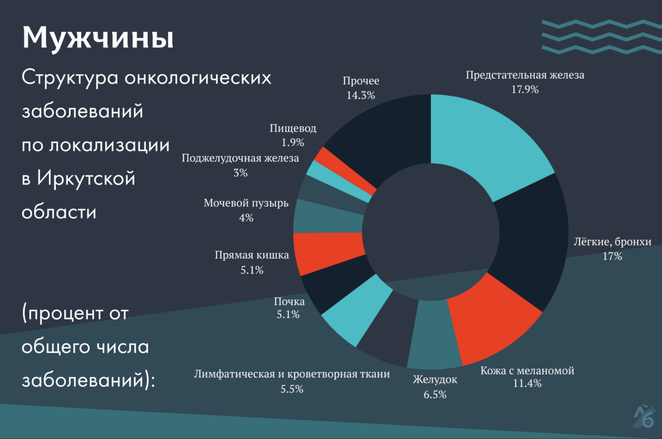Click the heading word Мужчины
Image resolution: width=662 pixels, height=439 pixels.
98,37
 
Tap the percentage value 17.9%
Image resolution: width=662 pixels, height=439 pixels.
524,89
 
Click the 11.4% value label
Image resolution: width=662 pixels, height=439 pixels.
527,383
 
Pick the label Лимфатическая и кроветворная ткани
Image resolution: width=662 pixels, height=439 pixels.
292,374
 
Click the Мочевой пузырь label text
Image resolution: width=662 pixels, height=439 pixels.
246,203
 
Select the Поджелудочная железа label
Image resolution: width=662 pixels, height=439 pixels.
240,158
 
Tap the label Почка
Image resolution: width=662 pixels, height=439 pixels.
289,301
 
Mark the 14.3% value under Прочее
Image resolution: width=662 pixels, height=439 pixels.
360,95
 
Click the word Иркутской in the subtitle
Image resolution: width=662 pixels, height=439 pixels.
86,178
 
